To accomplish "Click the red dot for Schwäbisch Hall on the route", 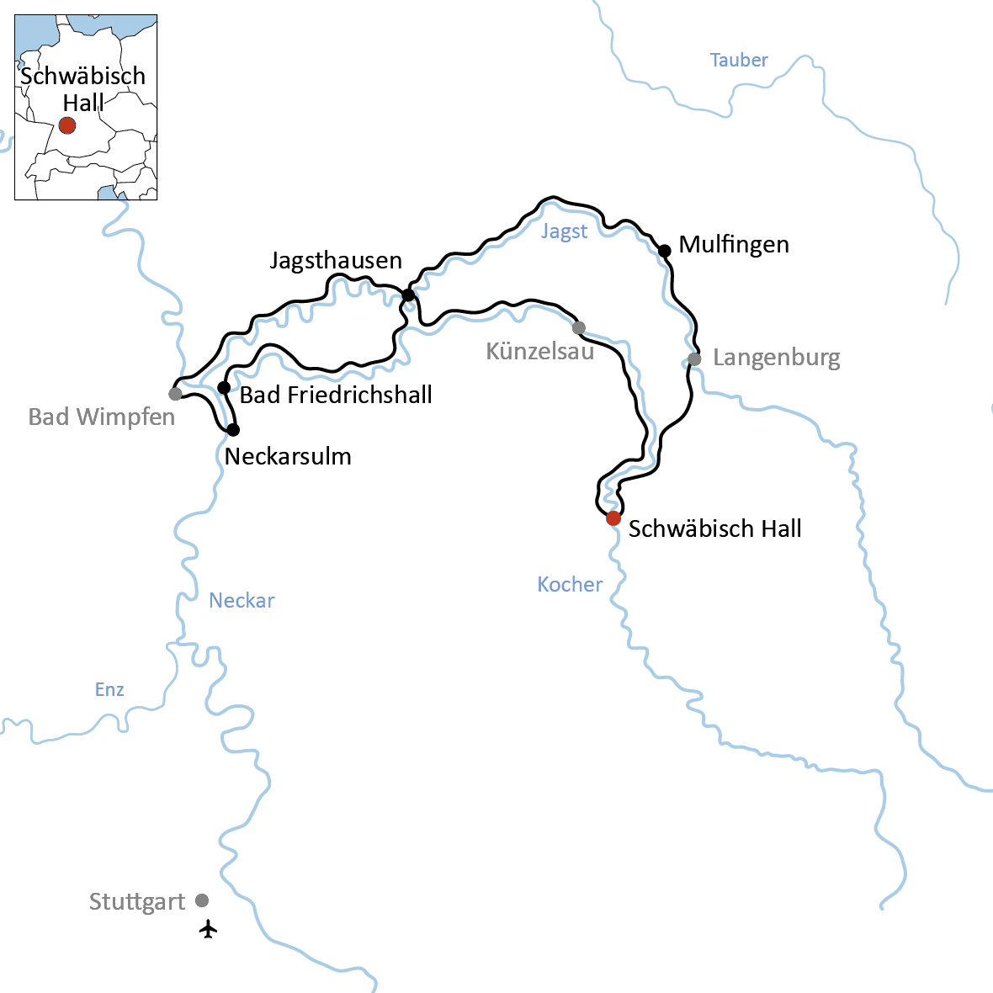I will pyautogui.click(x=613, y=518).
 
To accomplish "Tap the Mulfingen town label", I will pyautogui.click(x=734, y=245).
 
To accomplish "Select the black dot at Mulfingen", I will pyautogui.click(x=664, y=250).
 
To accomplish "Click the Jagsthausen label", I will pyautogui.click(x=336, y=261).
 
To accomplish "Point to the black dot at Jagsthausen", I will pyautogui.click(x=408, y=295).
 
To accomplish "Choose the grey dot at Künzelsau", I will pyautogui.click(x=578, y=327).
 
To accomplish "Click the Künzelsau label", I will pyautogui.click(x=540, y=351).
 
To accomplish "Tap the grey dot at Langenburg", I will pyautogui.click(x=694, y=359).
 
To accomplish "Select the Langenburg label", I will pyautogui.click(x=776, y=358).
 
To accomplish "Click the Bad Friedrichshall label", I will pyautogui.click(x=336, y=395).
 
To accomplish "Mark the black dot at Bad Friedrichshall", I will pyautogui.click(x=224, y=387).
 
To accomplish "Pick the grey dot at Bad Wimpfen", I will pyautogui.click(x=175, y=394).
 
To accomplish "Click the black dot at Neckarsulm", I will pyautogui.click(x=233, y=430).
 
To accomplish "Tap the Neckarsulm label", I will pyautogui.click(x=288, y=457).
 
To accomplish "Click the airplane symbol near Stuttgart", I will pyautogui.click(x=208, y=929).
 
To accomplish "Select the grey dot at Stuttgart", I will pyautogui.click(x=202, y=900).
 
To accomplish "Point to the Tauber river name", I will pyautogui.click(x=739, y=60).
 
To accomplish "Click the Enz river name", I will pyautogui.click(x=109, y=690).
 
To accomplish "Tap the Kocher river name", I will pyautogui.click(x=570, y=584).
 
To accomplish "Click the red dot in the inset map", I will pyautogui.click(x=67, y=125).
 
